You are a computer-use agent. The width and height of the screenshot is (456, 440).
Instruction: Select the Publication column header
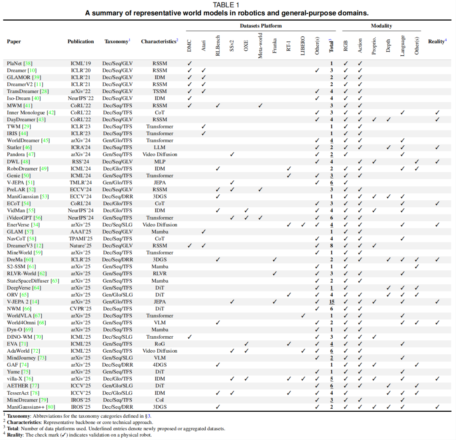coord(81,41)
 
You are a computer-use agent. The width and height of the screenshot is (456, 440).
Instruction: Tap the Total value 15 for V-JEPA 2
coord(332,302)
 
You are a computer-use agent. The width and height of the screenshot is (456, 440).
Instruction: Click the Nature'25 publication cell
coord(81,246)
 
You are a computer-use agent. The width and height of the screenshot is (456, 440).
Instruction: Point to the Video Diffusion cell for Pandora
coord(160,155)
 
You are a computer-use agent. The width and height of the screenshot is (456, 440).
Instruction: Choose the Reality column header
coord(437,41)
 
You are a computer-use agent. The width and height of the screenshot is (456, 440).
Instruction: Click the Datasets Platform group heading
coord(261,26)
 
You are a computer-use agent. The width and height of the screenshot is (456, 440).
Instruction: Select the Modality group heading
coord(381,26)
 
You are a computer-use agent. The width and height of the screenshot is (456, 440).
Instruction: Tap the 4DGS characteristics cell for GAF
coord(160,365)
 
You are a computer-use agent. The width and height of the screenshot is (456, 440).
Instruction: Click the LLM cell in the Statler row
coord(160,147)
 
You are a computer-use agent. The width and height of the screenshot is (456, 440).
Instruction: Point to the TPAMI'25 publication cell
coord(81,239)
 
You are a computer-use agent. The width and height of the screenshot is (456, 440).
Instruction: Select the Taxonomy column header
coord(116,41)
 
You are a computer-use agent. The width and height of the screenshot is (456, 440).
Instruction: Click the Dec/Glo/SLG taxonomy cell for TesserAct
coord(117,393)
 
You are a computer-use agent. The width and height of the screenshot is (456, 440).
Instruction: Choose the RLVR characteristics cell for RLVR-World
coord(160,274)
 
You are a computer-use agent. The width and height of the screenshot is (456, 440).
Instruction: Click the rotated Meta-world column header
coord(261,44)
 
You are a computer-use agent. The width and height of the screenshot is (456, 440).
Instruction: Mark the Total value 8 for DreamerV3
coord(332,246)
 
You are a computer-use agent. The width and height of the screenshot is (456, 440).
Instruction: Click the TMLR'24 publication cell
coord(81,182)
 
